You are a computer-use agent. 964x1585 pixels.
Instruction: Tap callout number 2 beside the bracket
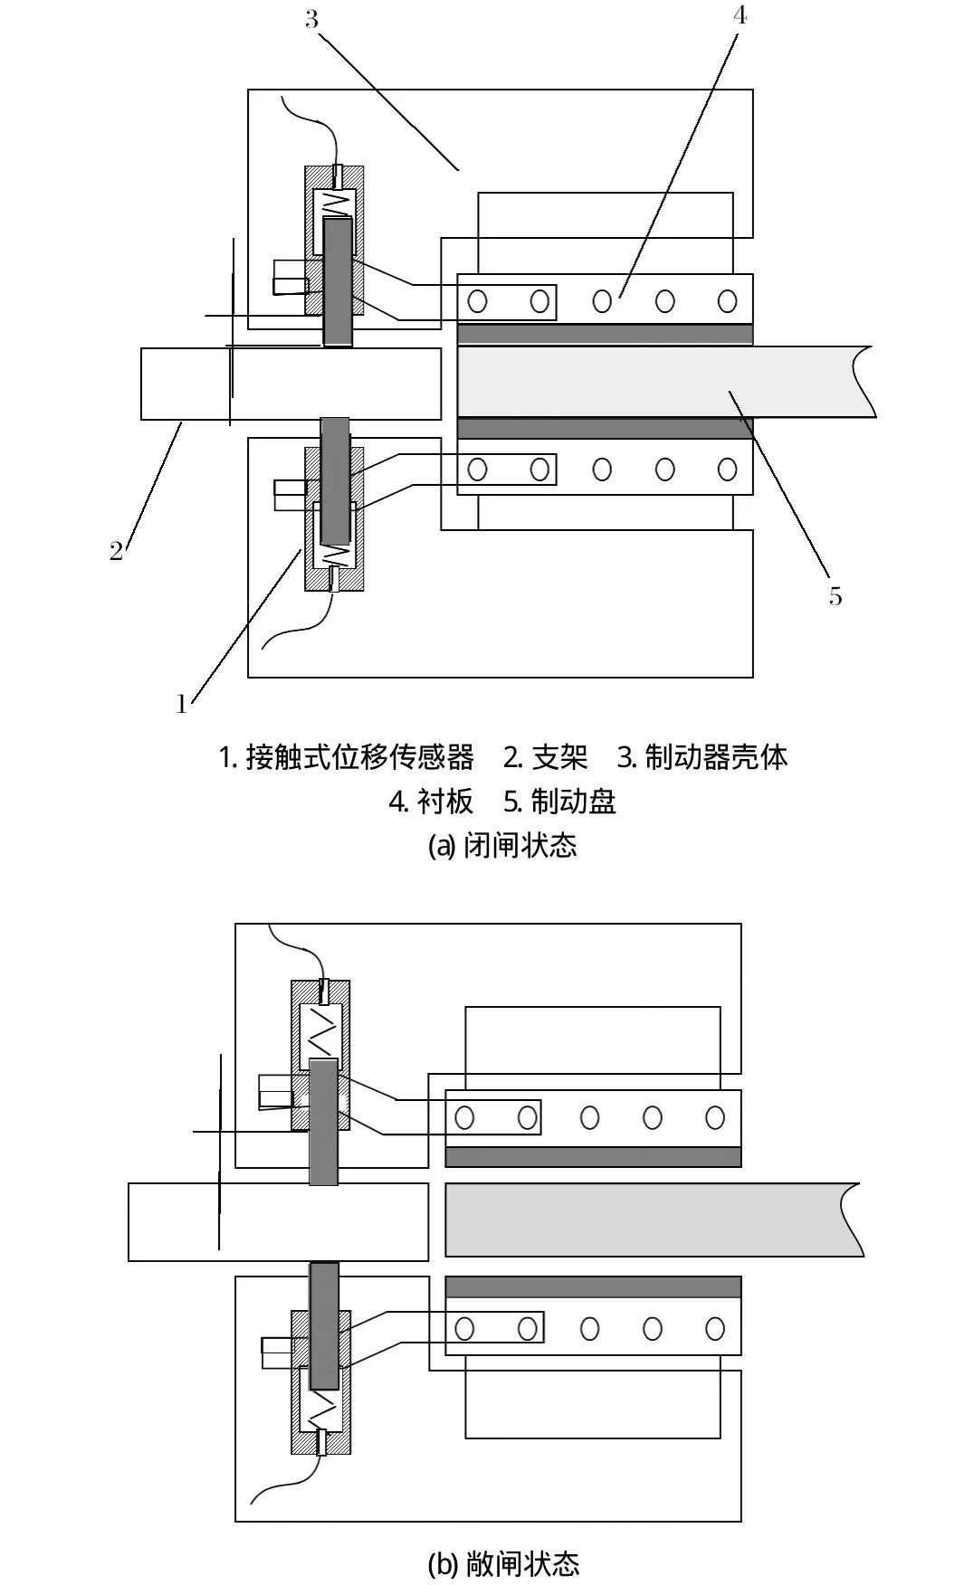click(116, 550)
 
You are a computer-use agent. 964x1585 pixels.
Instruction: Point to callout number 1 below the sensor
click(182, 703)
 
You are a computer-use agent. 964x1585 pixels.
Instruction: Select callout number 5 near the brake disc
click(835, 596)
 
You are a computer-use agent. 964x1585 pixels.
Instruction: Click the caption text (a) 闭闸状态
click(501, 845)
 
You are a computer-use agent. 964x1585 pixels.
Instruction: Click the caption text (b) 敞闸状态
click(501, 1562)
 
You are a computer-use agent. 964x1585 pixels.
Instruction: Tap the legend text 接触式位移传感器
click(359, 756)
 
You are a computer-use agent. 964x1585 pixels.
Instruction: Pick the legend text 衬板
click(444, 801)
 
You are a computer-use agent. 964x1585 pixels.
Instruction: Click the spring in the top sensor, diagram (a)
click(335, 204)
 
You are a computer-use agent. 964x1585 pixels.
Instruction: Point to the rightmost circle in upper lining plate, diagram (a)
click(727, 300)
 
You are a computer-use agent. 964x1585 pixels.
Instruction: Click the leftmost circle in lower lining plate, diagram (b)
click(464, 1328)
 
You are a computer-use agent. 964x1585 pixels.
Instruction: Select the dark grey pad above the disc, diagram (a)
click(605, 334)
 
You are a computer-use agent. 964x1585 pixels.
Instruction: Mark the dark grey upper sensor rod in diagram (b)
click(323, 1122)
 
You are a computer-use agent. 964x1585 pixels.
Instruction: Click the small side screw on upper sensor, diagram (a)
click(291, 278)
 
